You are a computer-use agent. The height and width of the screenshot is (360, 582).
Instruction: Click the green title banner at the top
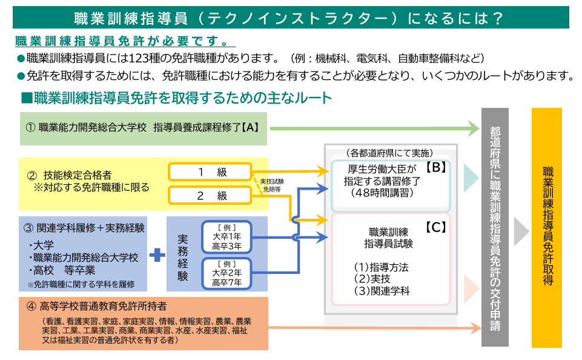tap(291, 18)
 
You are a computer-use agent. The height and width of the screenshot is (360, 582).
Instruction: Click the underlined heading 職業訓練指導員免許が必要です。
tap(124, 43)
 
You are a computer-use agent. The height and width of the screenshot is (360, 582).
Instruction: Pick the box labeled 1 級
tap(210, 172)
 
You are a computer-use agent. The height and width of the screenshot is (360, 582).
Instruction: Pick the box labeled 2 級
tap(210, 195)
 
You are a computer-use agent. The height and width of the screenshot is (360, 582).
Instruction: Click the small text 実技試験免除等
tap(272, 185)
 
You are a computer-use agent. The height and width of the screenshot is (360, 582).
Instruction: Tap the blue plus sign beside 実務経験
tap(157, 255)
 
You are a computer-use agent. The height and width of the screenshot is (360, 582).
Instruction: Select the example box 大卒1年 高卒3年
tap(227, 237)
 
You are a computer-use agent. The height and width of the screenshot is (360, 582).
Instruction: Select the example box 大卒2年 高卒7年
tap(227, 273)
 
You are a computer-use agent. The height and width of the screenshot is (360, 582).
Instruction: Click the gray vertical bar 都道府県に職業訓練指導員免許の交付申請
tap(495, 227)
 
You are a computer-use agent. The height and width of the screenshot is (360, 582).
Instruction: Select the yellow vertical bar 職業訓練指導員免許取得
tap(547, 227)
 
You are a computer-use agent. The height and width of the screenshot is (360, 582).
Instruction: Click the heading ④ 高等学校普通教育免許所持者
tap(97, 306)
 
